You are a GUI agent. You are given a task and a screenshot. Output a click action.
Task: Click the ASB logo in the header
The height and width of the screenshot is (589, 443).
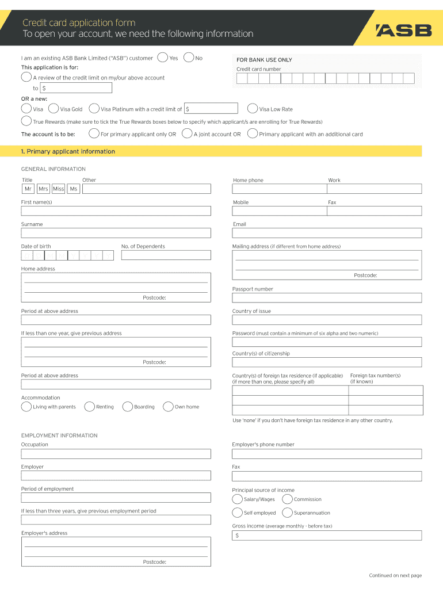403,30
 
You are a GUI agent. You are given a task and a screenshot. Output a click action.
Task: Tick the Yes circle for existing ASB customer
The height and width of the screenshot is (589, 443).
163,58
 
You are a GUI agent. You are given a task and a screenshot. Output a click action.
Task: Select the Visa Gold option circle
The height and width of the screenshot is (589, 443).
54,109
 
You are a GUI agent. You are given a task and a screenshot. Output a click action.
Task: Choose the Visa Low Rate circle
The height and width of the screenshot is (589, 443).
253,109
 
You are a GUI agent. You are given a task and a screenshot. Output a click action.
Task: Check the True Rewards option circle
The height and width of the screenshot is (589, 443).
26,121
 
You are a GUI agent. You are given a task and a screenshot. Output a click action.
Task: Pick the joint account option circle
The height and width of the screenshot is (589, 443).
187,134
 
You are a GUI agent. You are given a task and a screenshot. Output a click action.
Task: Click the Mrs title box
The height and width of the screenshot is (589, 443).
44,189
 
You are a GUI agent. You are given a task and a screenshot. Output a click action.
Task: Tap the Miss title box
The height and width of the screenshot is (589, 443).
59,189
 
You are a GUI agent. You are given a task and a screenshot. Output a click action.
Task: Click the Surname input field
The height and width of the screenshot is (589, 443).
116,233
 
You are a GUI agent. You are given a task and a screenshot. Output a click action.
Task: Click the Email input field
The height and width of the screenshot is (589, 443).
327,233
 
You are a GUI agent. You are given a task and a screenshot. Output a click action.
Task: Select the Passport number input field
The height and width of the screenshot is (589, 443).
327,298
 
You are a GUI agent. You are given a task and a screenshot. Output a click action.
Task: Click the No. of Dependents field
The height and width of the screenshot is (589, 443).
166,255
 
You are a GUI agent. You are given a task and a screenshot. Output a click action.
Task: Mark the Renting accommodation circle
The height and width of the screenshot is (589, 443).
90,407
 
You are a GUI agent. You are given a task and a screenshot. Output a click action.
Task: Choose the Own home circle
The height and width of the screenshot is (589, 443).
169,407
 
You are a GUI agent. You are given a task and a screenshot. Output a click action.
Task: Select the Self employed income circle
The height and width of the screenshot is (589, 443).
238,512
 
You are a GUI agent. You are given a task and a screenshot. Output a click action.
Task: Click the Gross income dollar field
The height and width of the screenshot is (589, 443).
327,536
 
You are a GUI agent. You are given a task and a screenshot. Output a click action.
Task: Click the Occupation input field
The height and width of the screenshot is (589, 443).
116,454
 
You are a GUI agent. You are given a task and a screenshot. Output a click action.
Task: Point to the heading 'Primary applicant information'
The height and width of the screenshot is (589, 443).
68,152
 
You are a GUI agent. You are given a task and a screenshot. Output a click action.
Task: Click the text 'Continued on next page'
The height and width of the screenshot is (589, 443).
395,575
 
